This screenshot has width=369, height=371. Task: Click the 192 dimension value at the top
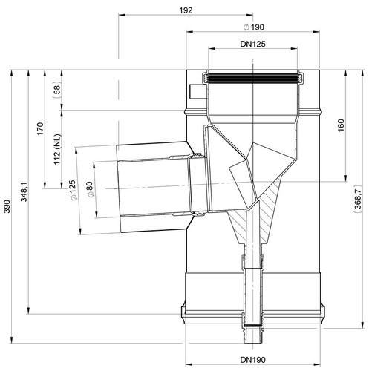click(186, 10)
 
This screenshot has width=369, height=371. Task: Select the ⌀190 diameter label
click(254, 27)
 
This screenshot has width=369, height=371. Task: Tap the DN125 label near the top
click(252, 44)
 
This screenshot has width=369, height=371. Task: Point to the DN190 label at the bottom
click(252, 360)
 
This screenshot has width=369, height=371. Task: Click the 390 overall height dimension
click(7, 206)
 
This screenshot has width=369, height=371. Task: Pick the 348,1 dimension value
click(24, 192)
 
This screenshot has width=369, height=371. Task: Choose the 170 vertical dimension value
click(40, 128)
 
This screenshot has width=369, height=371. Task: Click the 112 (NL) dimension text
click(57, 149)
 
